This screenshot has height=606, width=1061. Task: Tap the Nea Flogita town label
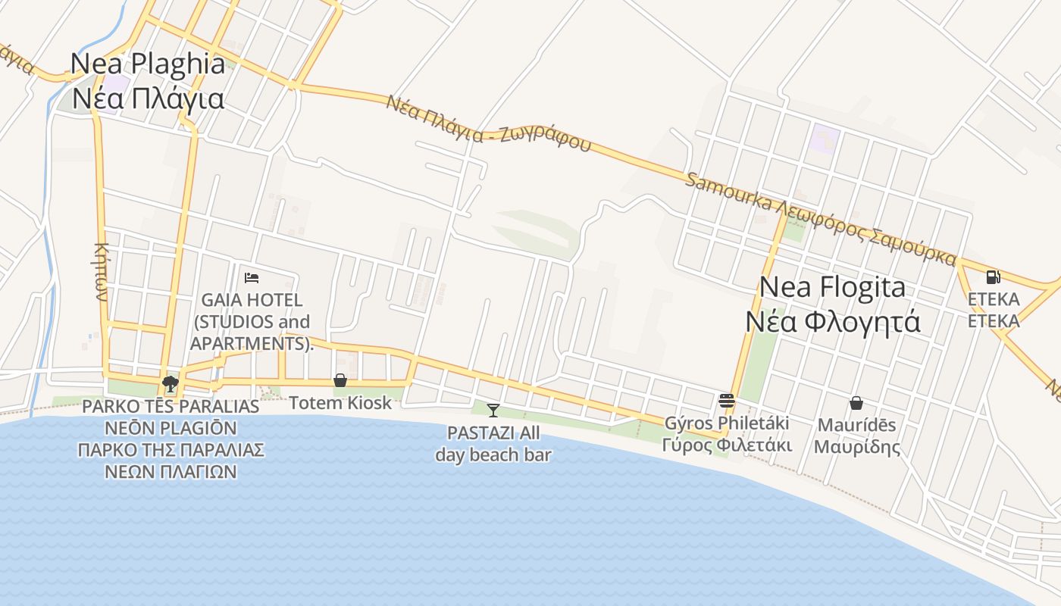click(832, 305)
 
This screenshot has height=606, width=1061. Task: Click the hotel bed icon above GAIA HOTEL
click(252, 278)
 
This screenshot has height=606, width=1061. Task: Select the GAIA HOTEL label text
click(251, 322)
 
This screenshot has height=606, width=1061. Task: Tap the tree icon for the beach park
click(171, 384)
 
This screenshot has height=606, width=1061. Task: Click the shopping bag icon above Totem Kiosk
click(340, 380)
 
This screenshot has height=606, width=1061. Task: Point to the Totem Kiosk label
click(340, 403)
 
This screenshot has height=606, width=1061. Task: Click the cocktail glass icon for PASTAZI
click(493, 411)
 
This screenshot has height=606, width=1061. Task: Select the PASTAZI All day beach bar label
click(493, 444)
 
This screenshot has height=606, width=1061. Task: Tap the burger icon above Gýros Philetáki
click(726, 400)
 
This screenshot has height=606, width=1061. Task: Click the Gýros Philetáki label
click(727, 433)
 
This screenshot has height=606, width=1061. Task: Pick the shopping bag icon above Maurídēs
click(856, 403)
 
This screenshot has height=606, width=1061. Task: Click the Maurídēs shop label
click(856, 436)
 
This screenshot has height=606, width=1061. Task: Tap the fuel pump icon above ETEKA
click(993, 277)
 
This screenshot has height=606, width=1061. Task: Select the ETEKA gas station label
click(994, 310)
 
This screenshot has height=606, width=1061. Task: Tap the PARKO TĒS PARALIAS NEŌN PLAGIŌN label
click(171, 439)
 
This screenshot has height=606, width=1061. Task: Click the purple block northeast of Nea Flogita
click(825, 139)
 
